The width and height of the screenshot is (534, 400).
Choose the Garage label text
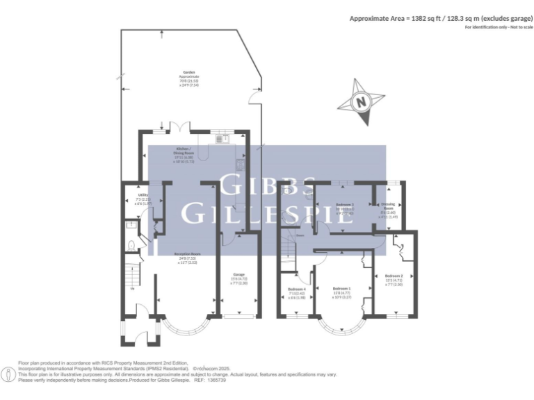click(239, 275)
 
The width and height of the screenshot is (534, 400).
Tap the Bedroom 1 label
click(341, 290)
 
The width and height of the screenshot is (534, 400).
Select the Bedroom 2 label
click(394, 278)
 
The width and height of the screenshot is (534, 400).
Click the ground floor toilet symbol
click(131, 244)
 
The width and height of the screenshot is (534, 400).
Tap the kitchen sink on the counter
click(224, 139)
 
